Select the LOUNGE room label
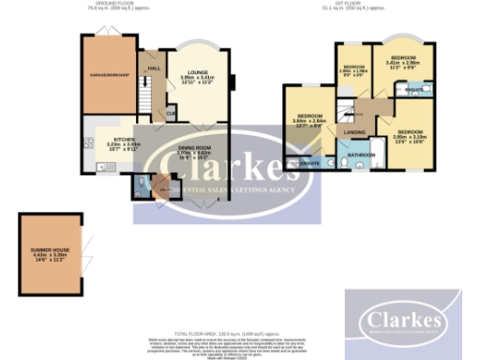coord(197,71)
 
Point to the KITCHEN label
coord(125,139)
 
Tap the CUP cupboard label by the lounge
coord(171,115)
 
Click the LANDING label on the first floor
coord(356,132)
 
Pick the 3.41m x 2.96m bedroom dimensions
coord(404,63)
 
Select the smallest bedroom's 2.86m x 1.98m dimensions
coord(353,72)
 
